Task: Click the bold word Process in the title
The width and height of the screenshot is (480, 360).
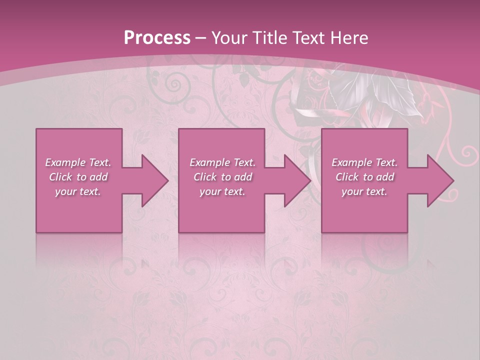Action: click(x=157, y=38)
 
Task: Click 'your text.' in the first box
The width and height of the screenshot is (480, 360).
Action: click(x=78, y=191)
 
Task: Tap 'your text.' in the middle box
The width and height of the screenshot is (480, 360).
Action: click(x=222, y=191)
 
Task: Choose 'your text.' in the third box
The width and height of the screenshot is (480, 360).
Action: click(x=364, y=191)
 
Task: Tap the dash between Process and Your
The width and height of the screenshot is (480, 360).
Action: click(x=201, y=38)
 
